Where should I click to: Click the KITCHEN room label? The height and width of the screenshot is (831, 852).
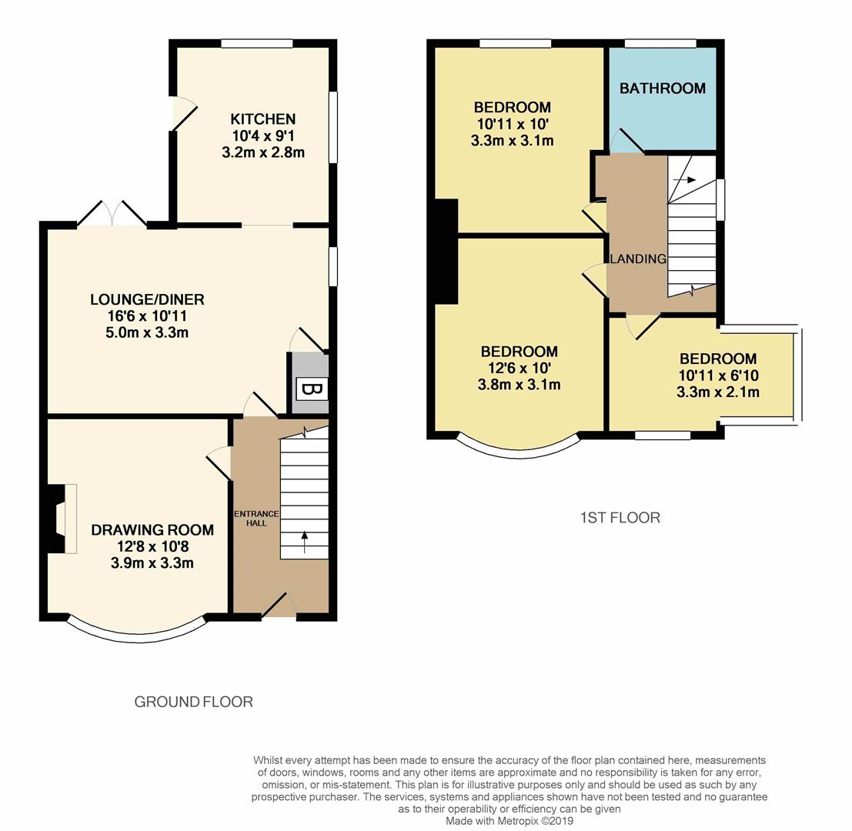pyautogui.click(x=263, y=119)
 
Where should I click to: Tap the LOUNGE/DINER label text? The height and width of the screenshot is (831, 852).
pyautogui.click(x=147, y=299)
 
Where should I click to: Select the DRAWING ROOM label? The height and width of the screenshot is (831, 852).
pyautogui.click(x=152, y=530)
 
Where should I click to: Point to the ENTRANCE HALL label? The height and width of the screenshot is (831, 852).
pyautogui.click(x=256, y=518)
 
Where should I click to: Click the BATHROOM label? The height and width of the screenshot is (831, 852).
pyautogui.click(x=663, y=88)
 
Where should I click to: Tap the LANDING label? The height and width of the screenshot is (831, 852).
pyautogui.click(x=637, y=259)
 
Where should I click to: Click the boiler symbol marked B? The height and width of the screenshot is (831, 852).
pyautogui.click(x=311, y=389)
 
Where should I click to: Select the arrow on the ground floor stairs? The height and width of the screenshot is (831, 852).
pyautogui.click(x=304, y=542)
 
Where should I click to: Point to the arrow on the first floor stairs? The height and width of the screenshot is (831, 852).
pyautogui.click(x=684, y=180)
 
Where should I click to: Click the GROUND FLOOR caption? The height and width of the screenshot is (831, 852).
pyautogui.click(x=193, y=702)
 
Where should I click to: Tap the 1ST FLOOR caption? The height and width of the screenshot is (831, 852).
pyautogui.click(x=620, y=518)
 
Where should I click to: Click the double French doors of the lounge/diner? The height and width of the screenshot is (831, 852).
pyautogui.click(x=112, y=214)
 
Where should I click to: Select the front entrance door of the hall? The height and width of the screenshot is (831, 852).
pyautogui.click(x=278, y=606)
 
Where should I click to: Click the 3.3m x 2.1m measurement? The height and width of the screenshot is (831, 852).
pyautogui.click(x=717, y=392)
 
